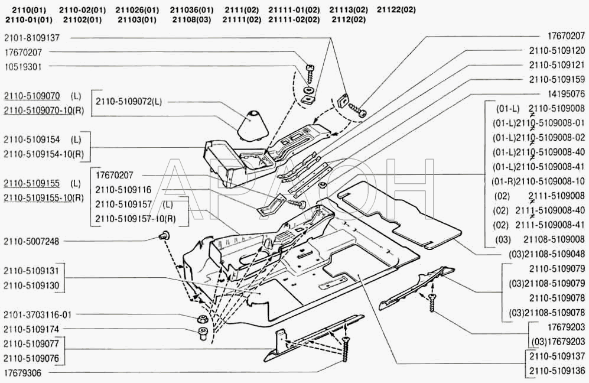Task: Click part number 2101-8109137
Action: coord(31,38)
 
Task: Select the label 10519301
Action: coord(23,67)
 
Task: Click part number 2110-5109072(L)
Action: coord(129,102)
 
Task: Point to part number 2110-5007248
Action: coord(31,241)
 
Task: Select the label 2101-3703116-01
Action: coord(38,314)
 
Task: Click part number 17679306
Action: coord(23,373)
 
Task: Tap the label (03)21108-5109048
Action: coord(547,254)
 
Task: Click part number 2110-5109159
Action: coord(557,79)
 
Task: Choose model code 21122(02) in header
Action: coord(396,10)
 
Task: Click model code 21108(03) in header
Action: coord(191,20)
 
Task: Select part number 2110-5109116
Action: coord(123,190)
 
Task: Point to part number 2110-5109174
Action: coord(31,329)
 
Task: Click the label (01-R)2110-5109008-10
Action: coord(538,181)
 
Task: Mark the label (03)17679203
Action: coord(558,342)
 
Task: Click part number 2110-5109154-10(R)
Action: coord(44,154)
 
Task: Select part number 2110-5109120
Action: coord(557,50)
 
